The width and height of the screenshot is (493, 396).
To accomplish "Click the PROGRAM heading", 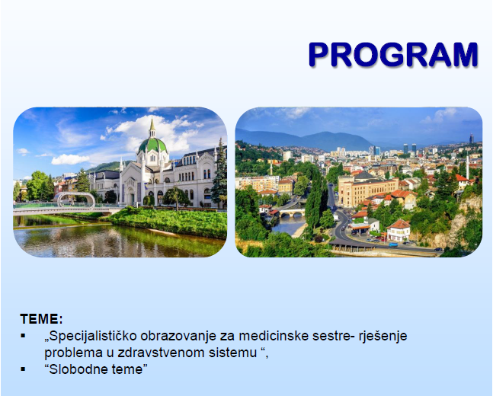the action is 393,54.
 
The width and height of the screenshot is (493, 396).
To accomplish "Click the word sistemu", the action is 233,353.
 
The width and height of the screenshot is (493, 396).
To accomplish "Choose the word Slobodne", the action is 74,369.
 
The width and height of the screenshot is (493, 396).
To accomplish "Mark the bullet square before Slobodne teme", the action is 23,369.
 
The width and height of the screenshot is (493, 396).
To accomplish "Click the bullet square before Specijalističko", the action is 23,336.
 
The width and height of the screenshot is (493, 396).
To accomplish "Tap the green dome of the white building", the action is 152,145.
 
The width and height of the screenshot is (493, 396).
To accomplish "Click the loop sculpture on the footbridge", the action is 76,200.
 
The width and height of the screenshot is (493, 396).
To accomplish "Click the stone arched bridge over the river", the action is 292,212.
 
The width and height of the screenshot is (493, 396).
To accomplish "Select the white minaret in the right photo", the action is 467,167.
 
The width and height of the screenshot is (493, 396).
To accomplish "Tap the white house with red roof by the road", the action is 399,231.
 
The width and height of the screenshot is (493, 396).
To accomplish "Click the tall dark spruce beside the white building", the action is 219,174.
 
